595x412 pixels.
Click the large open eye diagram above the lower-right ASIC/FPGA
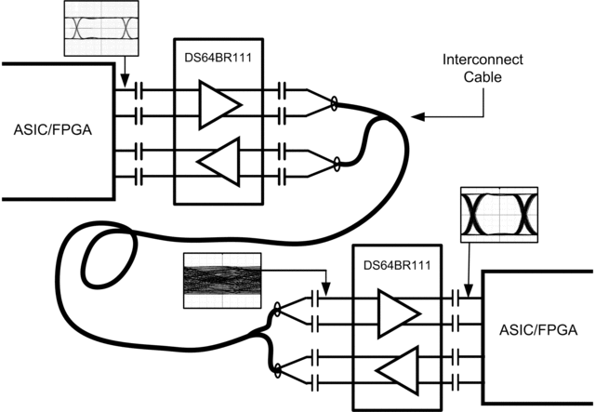499,211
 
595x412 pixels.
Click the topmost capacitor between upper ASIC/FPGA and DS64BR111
139,90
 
